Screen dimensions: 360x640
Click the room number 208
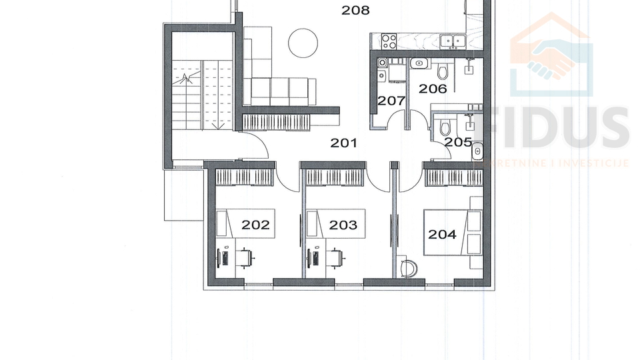[355, 11]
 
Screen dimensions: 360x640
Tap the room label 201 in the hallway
[344, 143]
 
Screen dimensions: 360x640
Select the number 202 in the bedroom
[255, 225]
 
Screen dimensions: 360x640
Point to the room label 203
[343, 225]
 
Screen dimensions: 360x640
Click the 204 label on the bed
[442, 234]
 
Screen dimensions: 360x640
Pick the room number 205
[458, 142]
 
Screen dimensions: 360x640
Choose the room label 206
[432, 89]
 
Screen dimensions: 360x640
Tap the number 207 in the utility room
[391, 101]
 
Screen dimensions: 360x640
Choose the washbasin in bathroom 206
[419, 63]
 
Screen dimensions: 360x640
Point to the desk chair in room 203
[337, 256]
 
